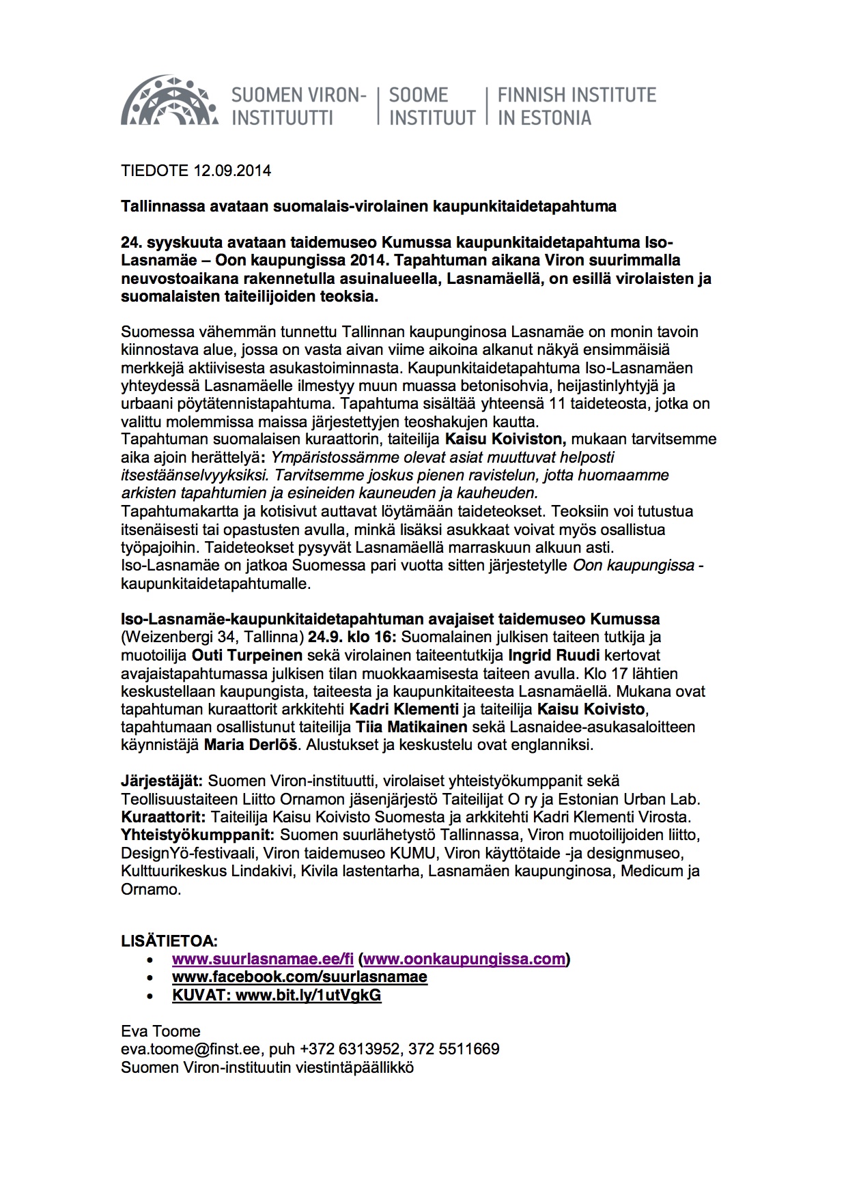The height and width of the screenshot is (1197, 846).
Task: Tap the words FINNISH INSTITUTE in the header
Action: coord(576,95)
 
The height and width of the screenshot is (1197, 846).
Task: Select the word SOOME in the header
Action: coord(418,95)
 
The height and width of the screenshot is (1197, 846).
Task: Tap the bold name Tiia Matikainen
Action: coord(412,727)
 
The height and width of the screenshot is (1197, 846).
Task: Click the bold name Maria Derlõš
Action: coord(251,745)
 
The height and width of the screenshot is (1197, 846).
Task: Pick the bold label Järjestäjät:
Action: coord(163,781)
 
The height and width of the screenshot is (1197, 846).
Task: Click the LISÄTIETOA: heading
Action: coord(169,941)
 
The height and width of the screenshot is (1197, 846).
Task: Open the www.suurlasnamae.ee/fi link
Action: coord(263,959)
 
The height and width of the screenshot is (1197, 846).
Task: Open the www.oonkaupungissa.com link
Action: coord(464,959)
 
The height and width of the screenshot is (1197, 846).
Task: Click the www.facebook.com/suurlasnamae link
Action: coord(300,977)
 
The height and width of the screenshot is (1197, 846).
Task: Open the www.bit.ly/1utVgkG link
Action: coord(308,995)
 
